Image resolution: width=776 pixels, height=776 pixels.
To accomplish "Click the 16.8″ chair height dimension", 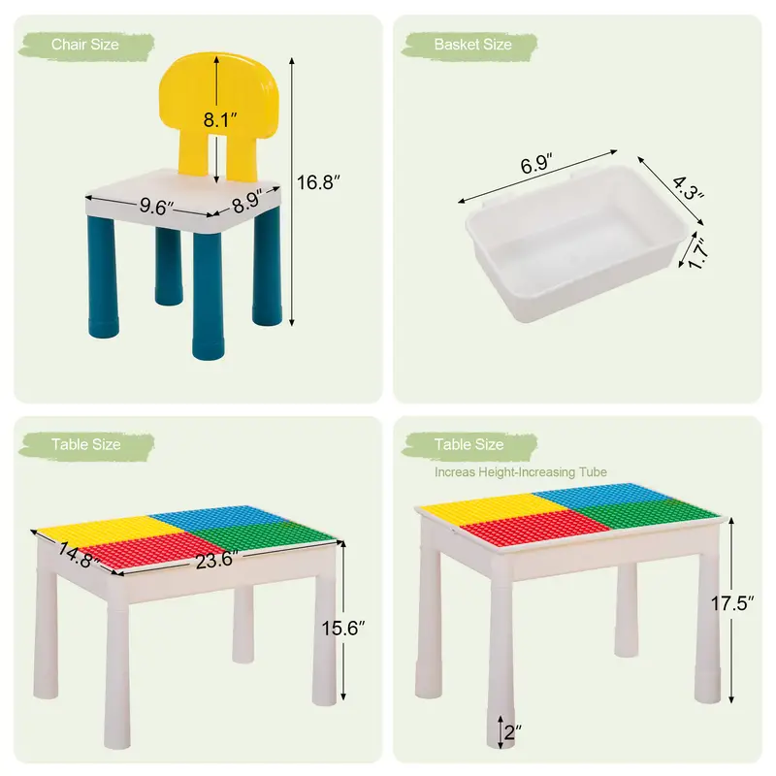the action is click(x=318, y=182).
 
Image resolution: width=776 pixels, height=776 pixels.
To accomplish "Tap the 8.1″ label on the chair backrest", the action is click(x=220, y=119).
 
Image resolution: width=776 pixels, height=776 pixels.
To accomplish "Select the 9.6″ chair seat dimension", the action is click(x=156, y=207).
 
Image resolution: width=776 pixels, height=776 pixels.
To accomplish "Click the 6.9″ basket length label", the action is click(x=536, y=163).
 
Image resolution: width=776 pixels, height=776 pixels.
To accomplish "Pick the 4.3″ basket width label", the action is click(x=688, y=188).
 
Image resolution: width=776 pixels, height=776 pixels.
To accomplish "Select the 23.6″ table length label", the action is click(x=216, y=560).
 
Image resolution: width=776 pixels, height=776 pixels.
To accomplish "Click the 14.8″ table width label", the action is click(x=80, y=555).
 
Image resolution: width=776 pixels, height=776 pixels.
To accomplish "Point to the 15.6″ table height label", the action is click(x=343, y=628).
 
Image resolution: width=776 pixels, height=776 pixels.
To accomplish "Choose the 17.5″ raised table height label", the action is click(x=732, y=603).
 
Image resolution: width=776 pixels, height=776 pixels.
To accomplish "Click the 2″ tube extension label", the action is click(x=513, y=732).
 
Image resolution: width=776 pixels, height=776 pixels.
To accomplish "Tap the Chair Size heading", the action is click(x=85, y=45).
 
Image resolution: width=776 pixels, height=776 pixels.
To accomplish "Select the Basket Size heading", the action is click(x=472, y=45).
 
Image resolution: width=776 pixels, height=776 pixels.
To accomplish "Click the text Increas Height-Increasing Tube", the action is click(x=521, y=472).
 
